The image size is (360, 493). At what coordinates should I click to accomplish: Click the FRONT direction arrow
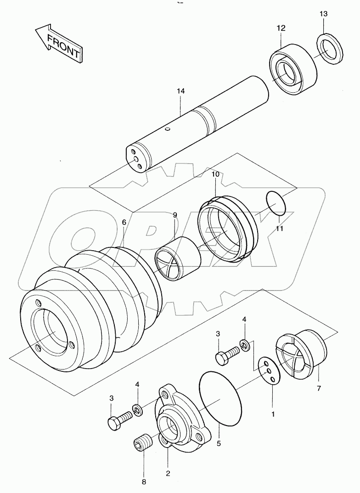click(58, 44)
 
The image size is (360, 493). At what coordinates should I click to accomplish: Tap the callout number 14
click(180, 92)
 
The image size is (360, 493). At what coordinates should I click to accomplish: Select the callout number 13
click(323, 14)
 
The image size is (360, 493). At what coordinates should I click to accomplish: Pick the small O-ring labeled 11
click(277, 203)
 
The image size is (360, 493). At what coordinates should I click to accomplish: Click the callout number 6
click(124, 222)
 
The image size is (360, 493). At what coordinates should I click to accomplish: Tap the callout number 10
click(215, 175)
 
